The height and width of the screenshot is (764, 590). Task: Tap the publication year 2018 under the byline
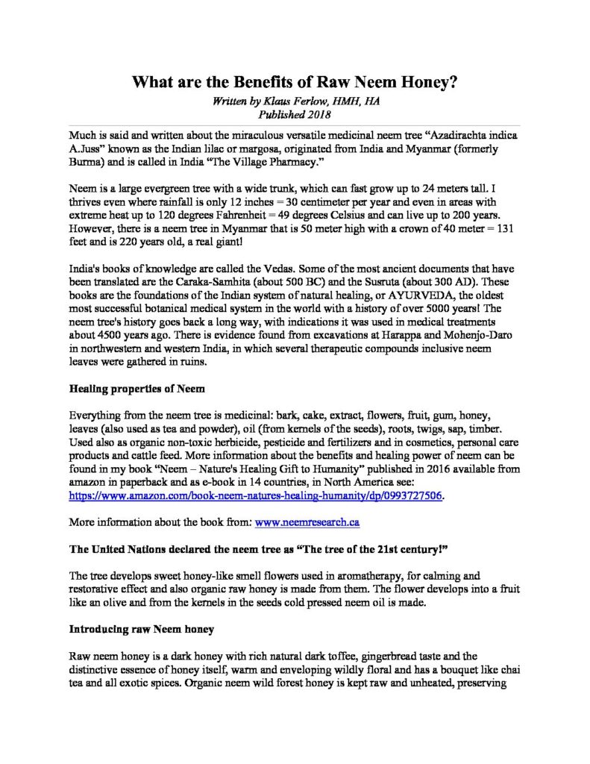click(x=313, y=114)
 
